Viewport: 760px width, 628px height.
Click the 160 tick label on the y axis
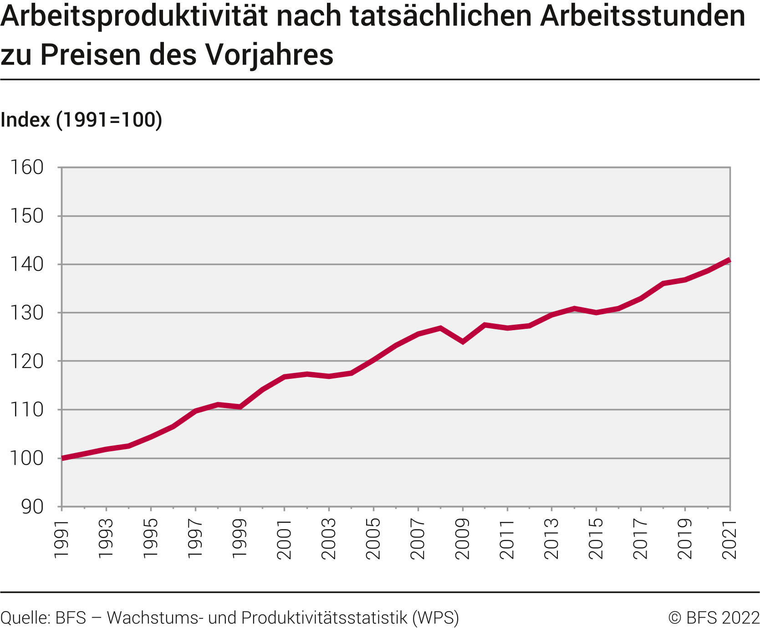coord(27,168)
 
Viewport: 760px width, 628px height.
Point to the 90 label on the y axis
coord(32,506)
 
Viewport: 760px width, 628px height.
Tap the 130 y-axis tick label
coord(27,313)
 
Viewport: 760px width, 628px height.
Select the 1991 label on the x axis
coord(61,538)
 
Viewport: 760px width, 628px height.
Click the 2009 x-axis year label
coord(463,538)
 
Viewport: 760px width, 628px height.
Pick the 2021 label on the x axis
coord(730,538)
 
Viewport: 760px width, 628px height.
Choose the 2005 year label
coord(373,538)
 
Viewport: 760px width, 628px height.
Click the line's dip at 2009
coord(463,341)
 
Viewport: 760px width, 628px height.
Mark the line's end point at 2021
coord(729,260)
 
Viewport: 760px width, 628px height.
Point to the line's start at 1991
coord(62,458)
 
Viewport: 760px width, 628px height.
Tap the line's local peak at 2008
coord(440,328)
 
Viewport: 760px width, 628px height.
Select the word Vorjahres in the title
coord(269,55)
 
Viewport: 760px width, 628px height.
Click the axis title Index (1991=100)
coord(82,120)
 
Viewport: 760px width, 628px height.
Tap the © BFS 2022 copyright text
coord(714,618)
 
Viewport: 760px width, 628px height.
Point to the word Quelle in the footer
coord(25,618)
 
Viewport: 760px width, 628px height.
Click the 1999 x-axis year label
coord(240,538)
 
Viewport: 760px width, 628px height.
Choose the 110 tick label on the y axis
coord(27,410)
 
